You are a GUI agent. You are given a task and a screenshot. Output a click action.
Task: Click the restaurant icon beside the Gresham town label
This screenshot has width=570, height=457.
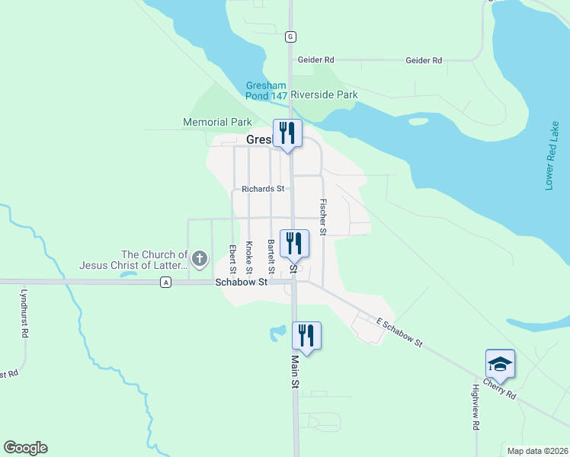tap(289, 133)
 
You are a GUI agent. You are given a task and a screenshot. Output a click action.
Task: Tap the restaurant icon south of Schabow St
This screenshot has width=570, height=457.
tap(306, 335)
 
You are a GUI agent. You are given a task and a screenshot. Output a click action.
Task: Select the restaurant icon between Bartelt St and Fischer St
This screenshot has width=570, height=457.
tap(294, 244)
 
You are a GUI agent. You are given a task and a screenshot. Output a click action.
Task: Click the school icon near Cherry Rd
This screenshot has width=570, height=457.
tap(500, 363)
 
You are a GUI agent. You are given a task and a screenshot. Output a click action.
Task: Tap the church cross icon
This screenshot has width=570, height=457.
tap(200, 260)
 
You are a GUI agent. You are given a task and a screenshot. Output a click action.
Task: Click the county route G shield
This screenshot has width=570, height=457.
tap(290, 37)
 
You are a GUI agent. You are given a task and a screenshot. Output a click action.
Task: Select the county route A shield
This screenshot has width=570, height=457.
tap(165, 283)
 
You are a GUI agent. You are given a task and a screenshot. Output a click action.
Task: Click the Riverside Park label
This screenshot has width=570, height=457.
tap(324, 95)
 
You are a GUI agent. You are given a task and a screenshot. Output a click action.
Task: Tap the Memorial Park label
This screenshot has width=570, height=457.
tap(217, 122)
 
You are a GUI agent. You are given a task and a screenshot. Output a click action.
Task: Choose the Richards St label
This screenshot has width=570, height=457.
tap(263, 189)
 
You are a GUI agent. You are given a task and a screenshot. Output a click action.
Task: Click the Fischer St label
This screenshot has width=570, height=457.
tap(323, 216)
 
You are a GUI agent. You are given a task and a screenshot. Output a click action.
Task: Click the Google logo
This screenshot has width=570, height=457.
tap(25, 448)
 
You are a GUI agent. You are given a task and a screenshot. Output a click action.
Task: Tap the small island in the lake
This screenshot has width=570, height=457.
tap(418, 121)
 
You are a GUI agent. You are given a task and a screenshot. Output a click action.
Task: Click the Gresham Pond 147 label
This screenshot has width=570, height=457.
tap(267, 91)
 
